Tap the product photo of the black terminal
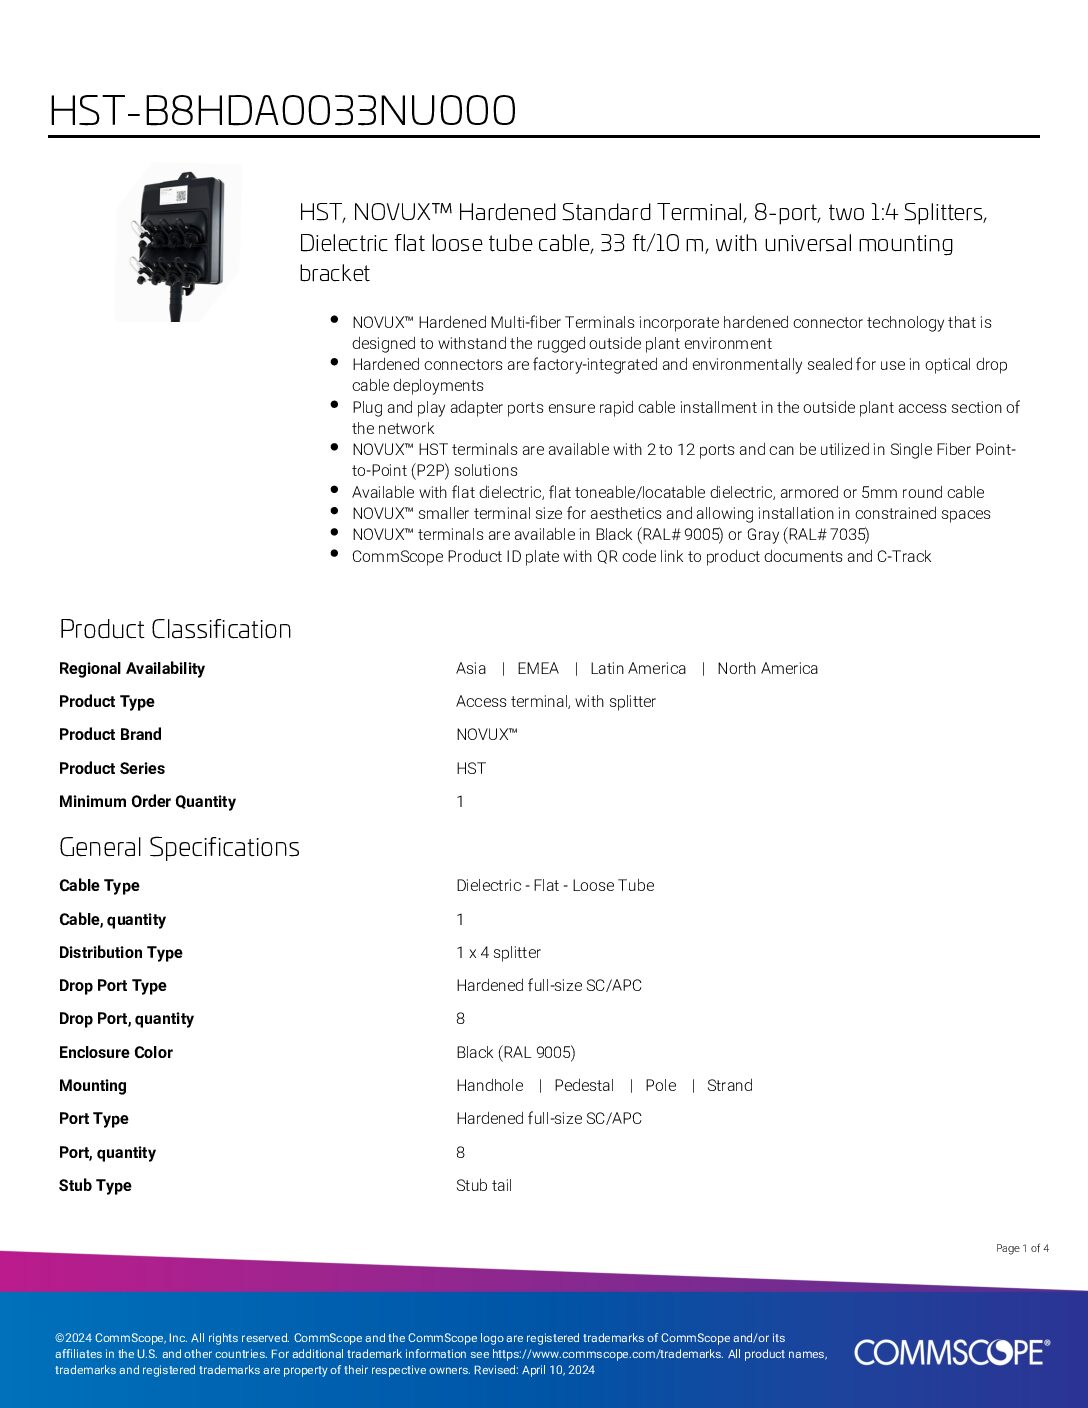tap(178, 243)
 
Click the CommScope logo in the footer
tap(951, 1352)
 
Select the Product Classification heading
tap(175, 629)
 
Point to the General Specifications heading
tap(179, 847)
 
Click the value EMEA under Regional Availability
tap(538, 669)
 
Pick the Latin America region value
tap(638, 669)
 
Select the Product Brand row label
tap(110, 735)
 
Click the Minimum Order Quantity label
tap(147, 802)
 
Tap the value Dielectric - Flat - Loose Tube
tap(555, 886)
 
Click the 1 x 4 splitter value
tap(498, 953)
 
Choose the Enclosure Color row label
tap(116, 1053)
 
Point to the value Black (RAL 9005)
tap(516, 1053)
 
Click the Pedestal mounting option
tap(584, 1086)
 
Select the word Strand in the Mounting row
tap(730, 1086)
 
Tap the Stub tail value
tap(484, 1186)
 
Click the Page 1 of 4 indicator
tap(1022, 1248)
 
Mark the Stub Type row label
tap(95, 1186)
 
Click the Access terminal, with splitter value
tap(556, 702)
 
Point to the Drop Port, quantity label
tap(126, 1019)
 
